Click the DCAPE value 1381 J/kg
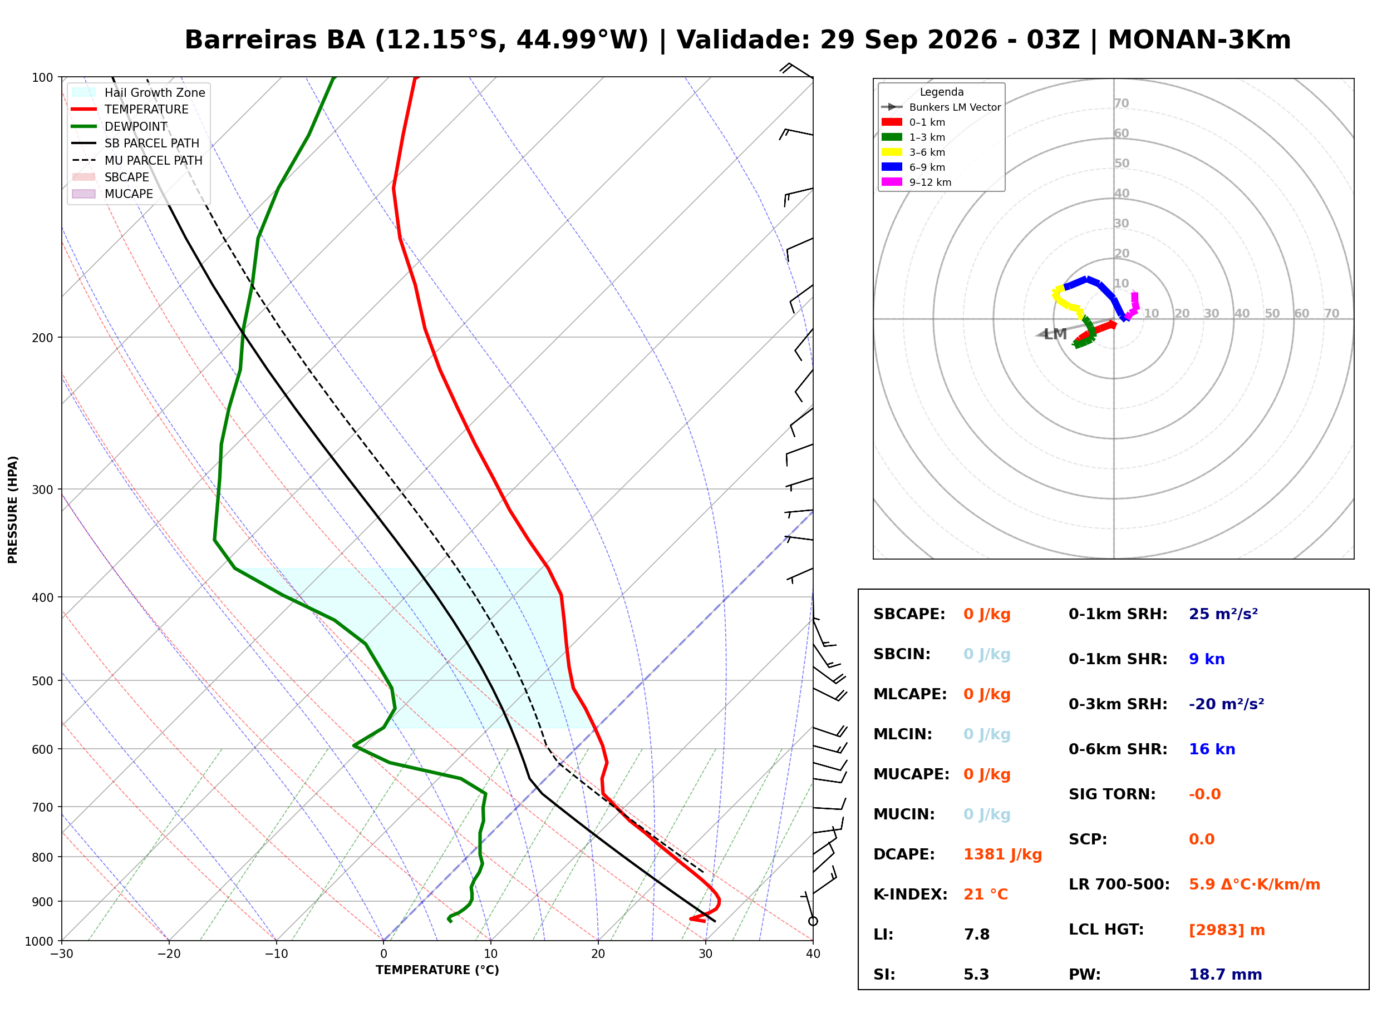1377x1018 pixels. [1002, 854]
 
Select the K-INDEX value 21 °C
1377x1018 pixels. [986, 895]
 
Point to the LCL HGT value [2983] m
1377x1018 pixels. [1227, 931]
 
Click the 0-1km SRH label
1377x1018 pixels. [1118, 614]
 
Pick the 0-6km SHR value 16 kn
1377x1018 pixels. [1212, 749]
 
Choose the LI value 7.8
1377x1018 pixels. [976, 935]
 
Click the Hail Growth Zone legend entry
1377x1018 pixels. [139, 92]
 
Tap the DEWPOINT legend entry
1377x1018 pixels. [120, 126]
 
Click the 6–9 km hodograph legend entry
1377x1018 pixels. [916, 167]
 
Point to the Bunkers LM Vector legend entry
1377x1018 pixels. [941, 107]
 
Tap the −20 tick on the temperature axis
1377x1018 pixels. [168, 954]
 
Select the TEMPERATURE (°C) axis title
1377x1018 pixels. [437, 970]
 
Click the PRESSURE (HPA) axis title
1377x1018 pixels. [13, 509]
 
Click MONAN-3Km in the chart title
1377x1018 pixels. [1198, 40]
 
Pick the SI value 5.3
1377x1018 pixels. [976, 975]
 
